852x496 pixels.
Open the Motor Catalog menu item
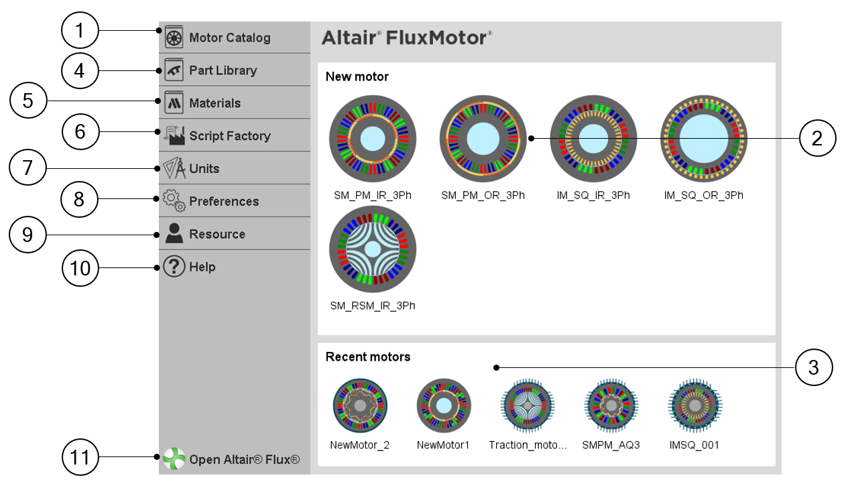[229, 38]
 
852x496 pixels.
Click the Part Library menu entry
[223, 70]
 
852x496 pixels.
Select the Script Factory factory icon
[174, 135]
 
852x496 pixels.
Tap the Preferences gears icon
[174, 201]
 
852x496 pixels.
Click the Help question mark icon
[174, 267]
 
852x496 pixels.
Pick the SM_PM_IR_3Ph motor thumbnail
[373, 139]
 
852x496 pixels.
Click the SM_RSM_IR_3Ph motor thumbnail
[373, 249]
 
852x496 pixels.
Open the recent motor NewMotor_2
[360, 406]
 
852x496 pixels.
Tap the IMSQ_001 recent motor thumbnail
[694, 406]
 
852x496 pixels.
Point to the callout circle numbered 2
[816, 139]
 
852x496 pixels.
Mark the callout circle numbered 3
[813, 367]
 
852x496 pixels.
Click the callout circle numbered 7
[28, 168]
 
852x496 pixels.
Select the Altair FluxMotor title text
[406, 38]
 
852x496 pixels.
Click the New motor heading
[357, 76]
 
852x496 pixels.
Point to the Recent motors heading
[367, 357]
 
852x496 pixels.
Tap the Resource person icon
[174, 233]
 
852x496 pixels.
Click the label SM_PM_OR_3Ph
[483, 196]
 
